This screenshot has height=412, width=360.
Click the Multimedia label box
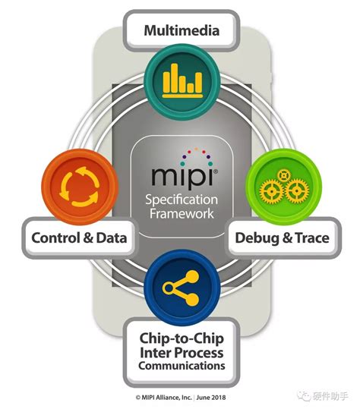click(182, 31)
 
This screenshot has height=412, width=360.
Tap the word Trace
click(313, 237)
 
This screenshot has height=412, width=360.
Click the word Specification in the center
click(181, 200)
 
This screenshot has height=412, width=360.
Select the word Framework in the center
click(181, 213)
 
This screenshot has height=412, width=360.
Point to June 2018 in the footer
click(216, 397)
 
